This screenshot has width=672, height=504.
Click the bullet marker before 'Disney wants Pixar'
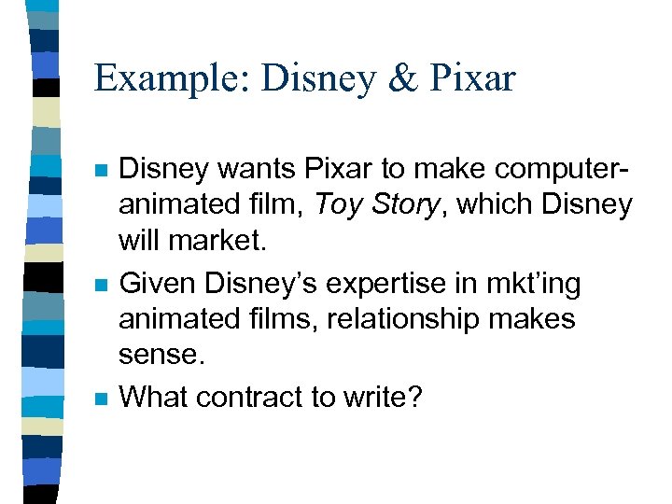tap(101, 172)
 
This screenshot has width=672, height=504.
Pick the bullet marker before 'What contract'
tap(101, 398)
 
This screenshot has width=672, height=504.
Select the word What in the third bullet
tap(155, 397)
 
